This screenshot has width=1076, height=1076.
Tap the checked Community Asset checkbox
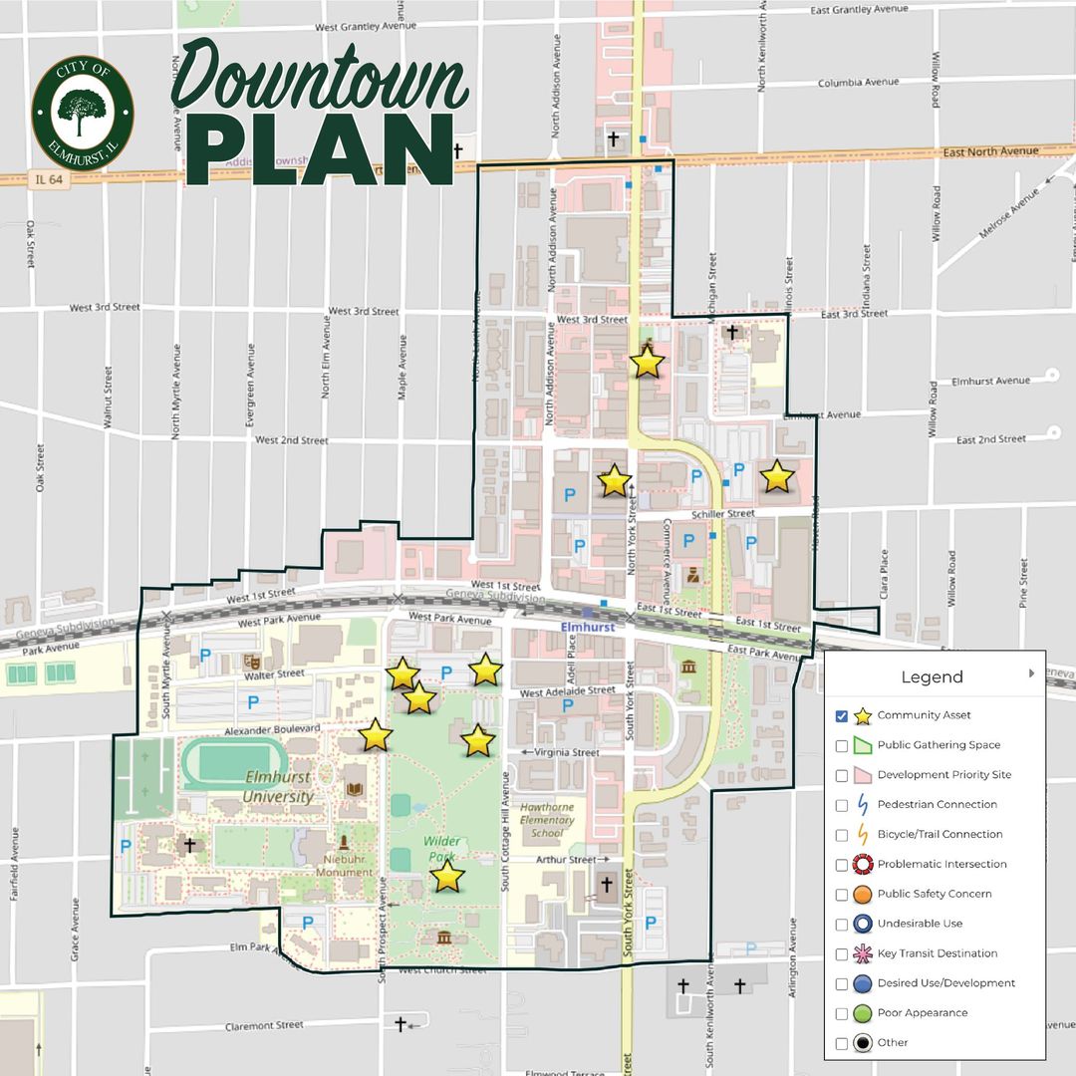[x=842, y=715]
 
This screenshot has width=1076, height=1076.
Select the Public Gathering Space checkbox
[x=842, y=745]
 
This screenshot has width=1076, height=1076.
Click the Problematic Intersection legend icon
[x=863, y=864]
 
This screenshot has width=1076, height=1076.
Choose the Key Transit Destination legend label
[x=937, y=953]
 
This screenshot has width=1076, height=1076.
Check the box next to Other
[x=842, y=1043]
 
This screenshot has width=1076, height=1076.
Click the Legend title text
[x=932, y=677]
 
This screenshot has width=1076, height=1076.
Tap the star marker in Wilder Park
[x=447, y=877]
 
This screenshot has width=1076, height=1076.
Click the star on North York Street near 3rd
[x=648, y=363]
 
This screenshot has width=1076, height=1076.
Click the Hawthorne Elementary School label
[x=546, y=821]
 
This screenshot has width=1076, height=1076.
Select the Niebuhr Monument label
[x=343, y=865]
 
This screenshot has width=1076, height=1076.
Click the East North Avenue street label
[x=991, y=151]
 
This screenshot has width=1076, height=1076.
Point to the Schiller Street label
[x=723, y=513]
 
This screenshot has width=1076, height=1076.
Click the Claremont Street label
[x=264, y=1025]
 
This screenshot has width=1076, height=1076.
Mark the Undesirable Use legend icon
[x=863, y=924]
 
